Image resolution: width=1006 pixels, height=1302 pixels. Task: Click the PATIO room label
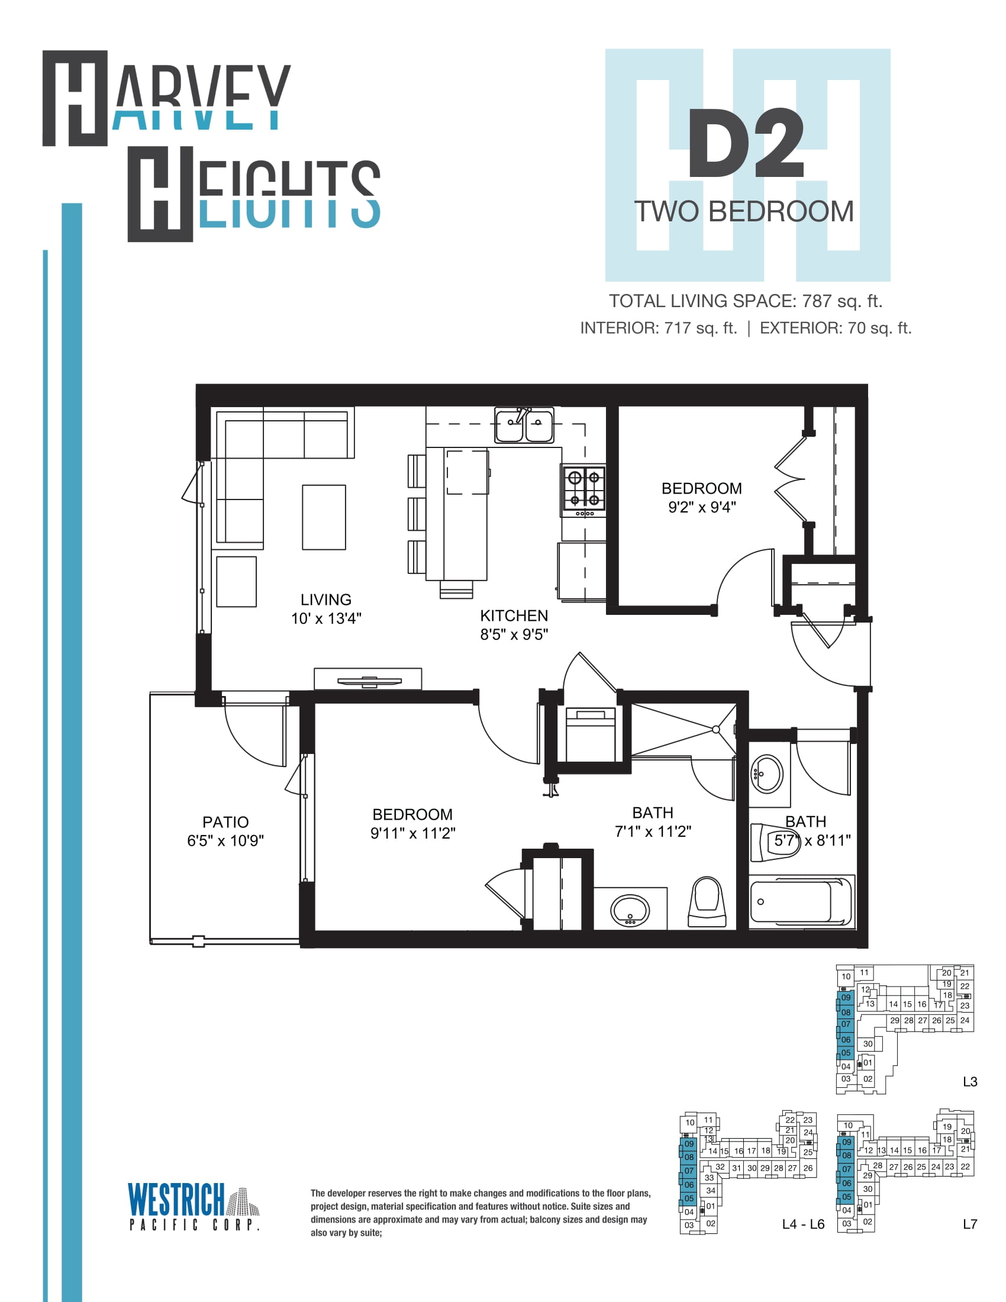point(225,822)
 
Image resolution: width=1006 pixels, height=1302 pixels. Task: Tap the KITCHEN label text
point(514,615)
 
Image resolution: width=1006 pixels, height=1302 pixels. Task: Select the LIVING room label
point(325,599)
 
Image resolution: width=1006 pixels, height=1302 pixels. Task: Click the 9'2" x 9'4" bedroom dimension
point(701,507)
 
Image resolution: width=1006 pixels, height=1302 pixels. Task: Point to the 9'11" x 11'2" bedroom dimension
point(412,833)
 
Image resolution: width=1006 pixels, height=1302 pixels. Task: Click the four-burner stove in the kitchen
point(583,491)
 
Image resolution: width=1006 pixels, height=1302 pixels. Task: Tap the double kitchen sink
point(524,425)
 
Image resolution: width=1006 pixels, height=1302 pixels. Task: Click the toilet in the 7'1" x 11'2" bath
point(707,901)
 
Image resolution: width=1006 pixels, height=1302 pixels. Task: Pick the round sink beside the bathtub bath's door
point(767,775)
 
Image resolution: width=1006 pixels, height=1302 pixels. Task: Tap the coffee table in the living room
point(324,517)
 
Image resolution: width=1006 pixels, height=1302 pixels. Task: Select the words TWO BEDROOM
point(744,212)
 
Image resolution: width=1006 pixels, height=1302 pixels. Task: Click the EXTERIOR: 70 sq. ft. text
point(836,328)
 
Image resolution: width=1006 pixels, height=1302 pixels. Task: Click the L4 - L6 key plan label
point(804,1224)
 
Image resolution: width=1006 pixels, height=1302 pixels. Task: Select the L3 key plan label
point(970,1081)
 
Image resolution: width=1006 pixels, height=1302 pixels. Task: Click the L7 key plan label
point(970,1224)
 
